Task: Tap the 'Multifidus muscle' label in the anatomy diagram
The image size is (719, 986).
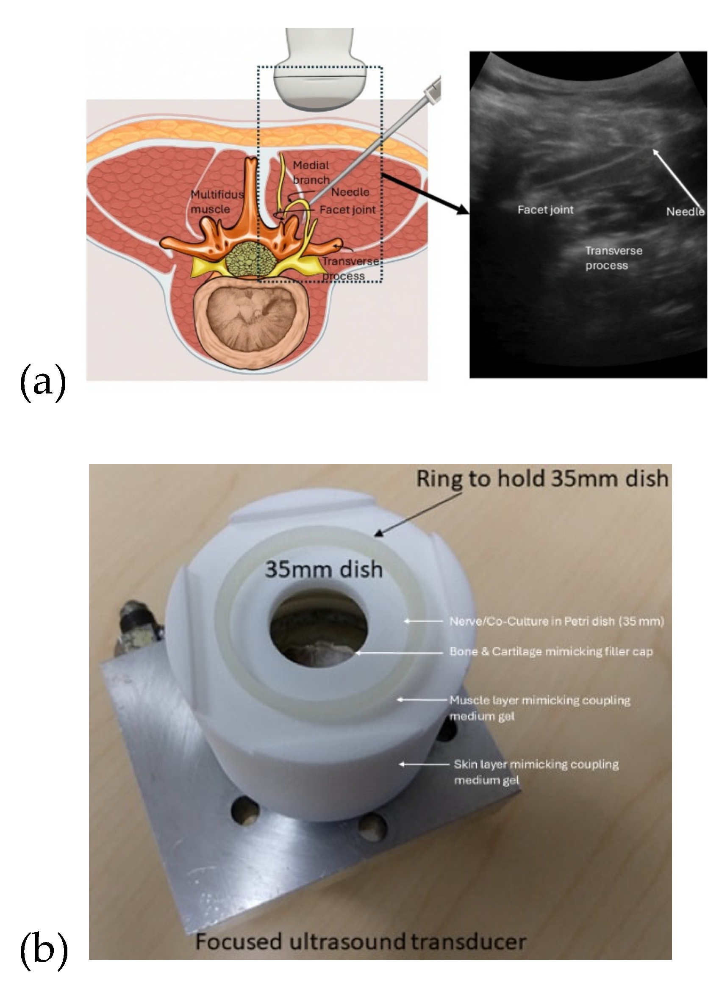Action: [x=217, y=202]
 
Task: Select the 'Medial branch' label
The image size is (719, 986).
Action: [x=311, y=172]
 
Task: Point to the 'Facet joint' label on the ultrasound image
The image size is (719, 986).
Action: [x=545, y=210]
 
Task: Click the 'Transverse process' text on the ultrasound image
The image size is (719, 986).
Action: [x=613, y=258]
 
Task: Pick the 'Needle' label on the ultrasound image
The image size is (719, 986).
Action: [x=685, y=211]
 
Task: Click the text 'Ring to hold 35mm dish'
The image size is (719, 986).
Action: [x=542, y=478]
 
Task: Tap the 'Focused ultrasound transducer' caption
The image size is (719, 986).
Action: [x=361, y=941]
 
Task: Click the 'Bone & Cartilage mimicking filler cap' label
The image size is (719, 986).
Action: [x=550, y=652]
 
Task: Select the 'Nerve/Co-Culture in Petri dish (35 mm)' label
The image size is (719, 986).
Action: [x=556, y=621]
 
